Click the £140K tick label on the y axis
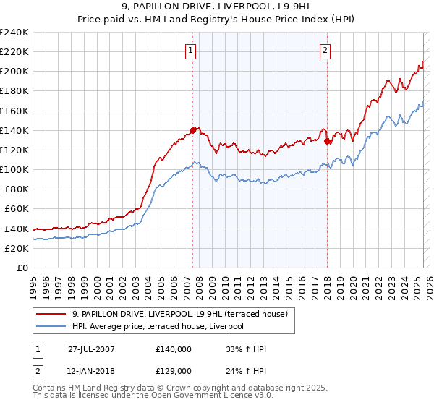14,130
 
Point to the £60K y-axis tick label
16,209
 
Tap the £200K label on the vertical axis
14,72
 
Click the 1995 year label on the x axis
33,282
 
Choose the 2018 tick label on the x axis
327,282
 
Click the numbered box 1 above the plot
190,50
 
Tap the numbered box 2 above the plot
325,50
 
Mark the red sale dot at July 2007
193,130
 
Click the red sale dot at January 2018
327,141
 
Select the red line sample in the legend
51,314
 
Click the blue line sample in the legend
51,326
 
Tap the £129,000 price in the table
174,370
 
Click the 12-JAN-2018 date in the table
91,370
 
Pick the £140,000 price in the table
174,349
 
